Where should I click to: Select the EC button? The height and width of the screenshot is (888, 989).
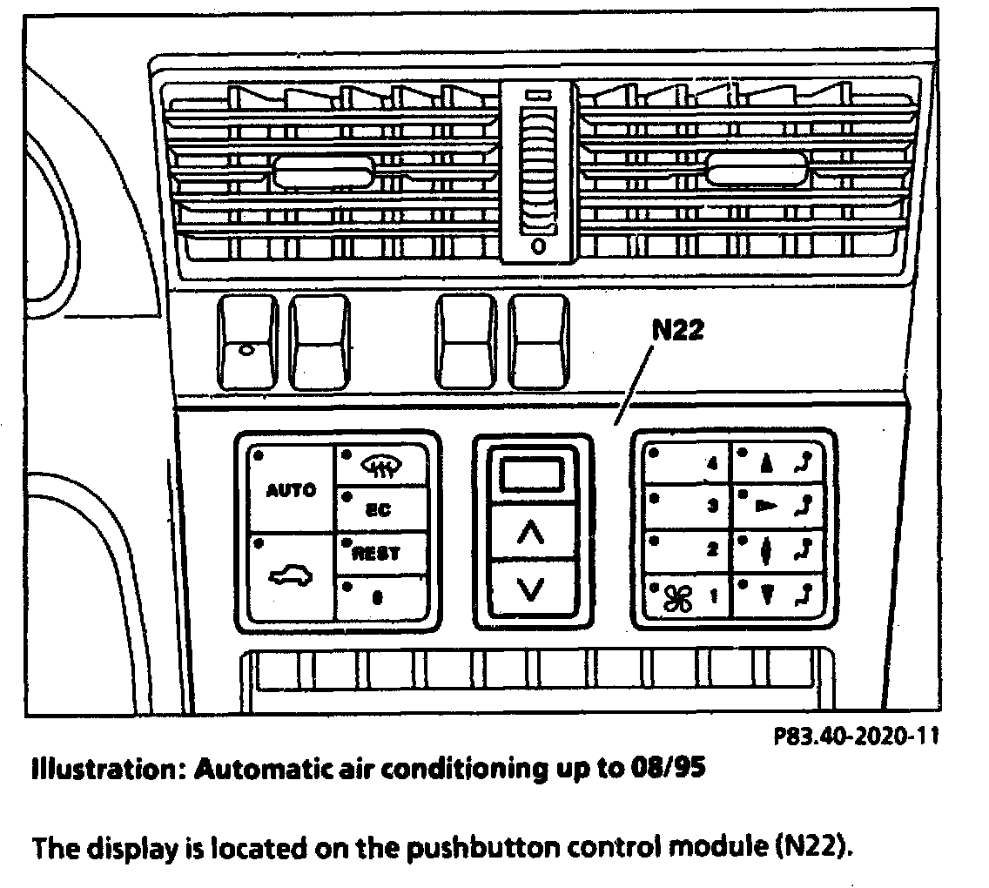coord(380,510)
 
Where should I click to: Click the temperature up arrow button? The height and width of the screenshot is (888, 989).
coord(531,533)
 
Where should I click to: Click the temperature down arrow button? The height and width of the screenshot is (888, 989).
coord(531,590)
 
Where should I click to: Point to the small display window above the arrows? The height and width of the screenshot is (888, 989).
coord(531,475)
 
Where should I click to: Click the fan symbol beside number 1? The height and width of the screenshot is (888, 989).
coord(677,597)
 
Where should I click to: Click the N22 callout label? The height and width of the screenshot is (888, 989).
coord(677,331)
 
